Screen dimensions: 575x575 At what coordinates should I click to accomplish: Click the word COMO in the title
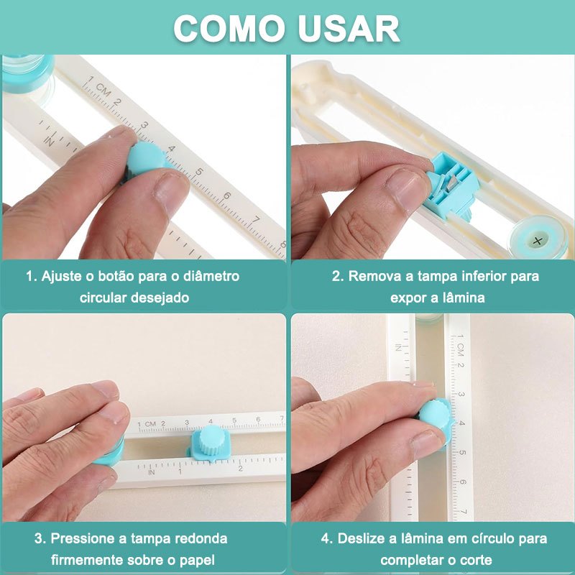229,28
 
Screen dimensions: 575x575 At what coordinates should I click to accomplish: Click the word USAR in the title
349,28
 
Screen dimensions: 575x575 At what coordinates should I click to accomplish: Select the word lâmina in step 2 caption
464,298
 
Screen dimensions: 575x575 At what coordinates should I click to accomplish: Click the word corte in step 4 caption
474,561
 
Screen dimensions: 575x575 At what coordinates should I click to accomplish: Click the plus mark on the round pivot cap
538,241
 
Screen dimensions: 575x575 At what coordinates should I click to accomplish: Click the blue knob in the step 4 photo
436,417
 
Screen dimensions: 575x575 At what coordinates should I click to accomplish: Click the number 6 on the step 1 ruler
227,195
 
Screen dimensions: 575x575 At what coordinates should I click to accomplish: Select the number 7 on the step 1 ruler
256,220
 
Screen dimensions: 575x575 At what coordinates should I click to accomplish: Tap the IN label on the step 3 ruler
152,472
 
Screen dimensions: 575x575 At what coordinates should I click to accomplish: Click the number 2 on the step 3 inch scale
241,469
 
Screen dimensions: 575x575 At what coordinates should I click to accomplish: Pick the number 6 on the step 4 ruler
463,482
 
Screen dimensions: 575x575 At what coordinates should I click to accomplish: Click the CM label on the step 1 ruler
103,89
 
